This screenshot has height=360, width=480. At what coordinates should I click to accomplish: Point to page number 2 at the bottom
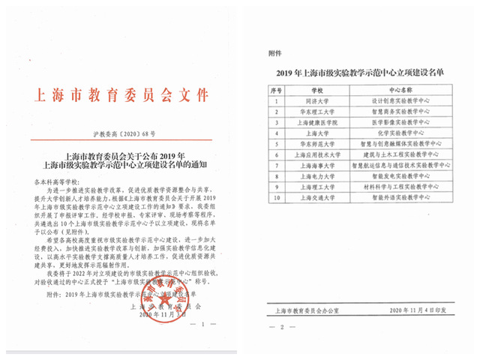pyautogui.click(x=282, y=328)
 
